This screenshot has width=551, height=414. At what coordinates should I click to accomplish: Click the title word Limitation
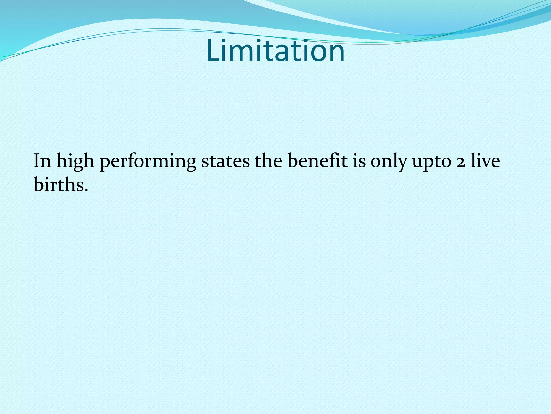click(x=275, y=51)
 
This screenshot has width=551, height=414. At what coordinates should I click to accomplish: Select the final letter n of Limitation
click(x=337, y=54)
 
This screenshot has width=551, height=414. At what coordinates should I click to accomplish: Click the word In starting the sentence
click(x=42, y=161)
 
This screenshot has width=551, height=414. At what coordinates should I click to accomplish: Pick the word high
click(x=75, y=162)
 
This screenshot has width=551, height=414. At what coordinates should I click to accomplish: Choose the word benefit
click(x=317, y=161)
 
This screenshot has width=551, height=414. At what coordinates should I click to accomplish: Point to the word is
click(x=359, y=161)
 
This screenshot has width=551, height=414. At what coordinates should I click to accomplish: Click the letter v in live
click(x=486, y=163)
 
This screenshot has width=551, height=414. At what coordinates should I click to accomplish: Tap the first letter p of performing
click(x=105, y=163)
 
